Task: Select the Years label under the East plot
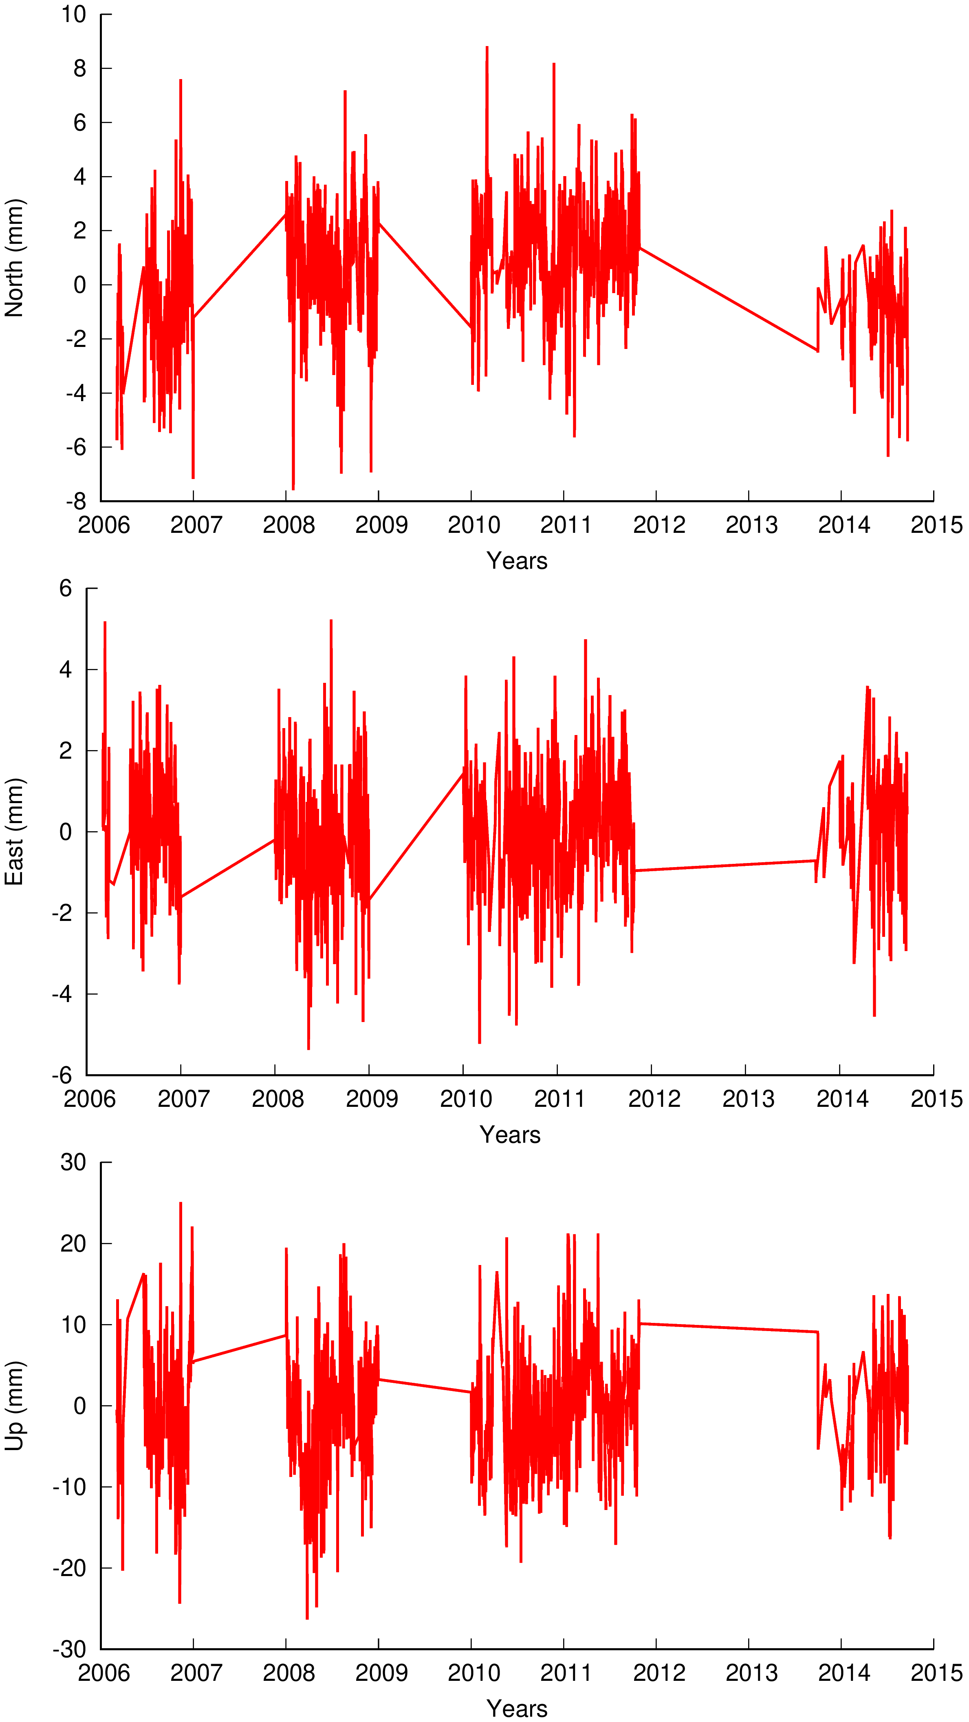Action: (x=510, y=1135)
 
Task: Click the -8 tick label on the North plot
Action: (x=76, y=501)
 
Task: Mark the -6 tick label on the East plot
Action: (x=62, y=1075)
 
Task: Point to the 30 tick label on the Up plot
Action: (x=73, y=1163)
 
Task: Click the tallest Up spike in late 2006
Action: (x=181, y=1203)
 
